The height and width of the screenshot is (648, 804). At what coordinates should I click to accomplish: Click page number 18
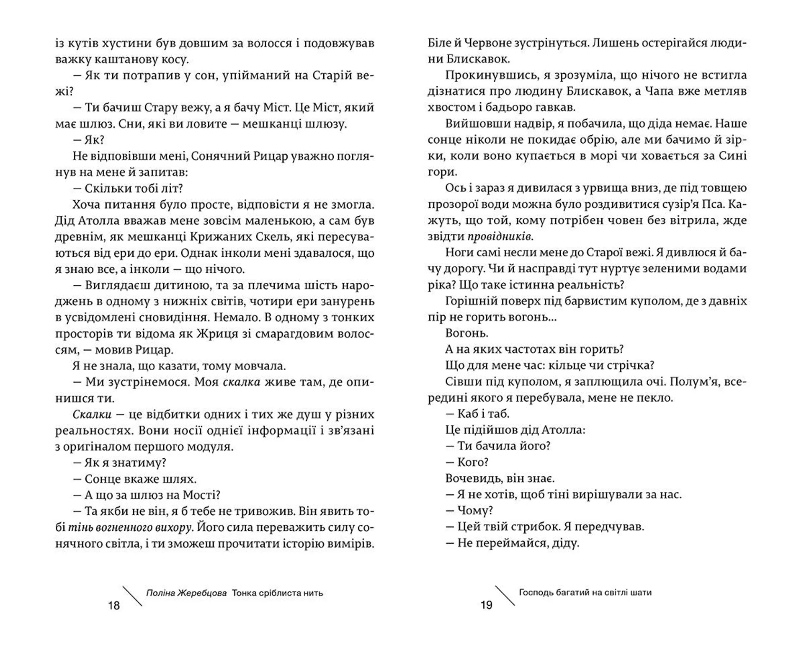(114, 605)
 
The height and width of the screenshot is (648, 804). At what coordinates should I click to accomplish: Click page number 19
(486, 605)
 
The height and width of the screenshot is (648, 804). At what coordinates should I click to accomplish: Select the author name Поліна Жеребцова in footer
(186, 593)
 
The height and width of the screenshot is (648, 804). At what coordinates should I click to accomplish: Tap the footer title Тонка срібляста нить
(277, 593)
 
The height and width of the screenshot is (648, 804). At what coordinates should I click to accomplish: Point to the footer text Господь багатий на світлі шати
(585, 593)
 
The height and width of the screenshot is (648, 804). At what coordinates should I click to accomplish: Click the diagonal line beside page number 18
(132, 596)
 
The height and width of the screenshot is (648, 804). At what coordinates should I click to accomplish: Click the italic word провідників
(500, 237)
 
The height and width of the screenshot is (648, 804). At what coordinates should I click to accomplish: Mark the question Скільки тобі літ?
(128, 188)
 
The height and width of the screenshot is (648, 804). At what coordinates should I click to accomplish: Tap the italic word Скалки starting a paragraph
(92, 415)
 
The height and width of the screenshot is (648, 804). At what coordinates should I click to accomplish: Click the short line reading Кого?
(467, 462)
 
